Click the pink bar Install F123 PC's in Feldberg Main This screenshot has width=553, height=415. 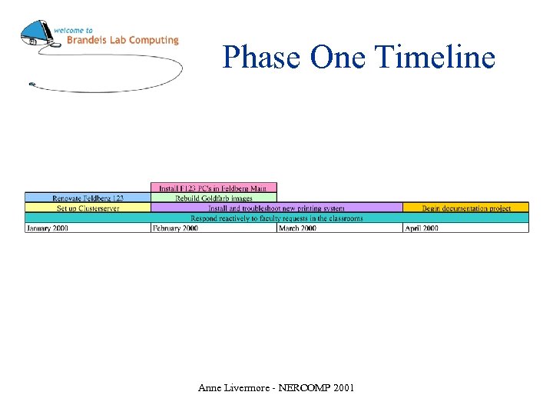(x=214, y=188)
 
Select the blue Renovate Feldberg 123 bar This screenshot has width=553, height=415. (x=88, y=198)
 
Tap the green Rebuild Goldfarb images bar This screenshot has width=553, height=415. (x=214, y=198)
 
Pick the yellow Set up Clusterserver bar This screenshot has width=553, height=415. (x=88, y=208)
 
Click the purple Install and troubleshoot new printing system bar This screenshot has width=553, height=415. (x=276, y=208)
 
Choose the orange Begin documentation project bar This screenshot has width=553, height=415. (x=465, y=208)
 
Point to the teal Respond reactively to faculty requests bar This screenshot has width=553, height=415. (x=276, y=218)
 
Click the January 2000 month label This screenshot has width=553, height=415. (x=48, y=228)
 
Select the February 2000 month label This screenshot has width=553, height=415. (x=175, y=228)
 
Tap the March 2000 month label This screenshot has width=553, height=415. (x=297, y=228)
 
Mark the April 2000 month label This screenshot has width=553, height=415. (x=422, y=228)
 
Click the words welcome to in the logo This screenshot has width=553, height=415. (x=74, y=30)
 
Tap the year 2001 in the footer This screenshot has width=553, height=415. (x=344, y=388)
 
